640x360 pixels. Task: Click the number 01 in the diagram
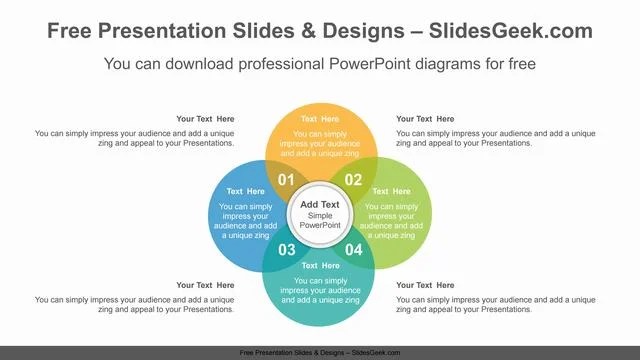286,181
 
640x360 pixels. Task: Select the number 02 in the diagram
353,181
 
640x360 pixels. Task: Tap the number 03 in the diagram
286,249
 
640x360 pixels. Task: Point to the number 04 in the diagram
354,249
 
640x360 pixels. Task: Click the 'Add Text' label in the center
320,204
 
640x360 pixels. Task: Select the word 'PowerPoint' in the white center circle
320,225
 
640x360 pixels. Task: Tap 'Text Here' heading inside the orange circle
320,119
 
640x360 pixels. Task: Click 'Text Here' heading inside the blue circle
247,192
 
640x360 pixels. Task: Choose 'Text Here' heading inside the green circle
393,192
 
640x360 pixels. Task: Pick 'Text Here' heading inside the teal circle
320,266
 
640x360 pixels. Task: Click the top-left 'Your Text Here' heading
205,119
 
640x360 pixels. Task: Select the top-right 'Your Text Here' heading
425,119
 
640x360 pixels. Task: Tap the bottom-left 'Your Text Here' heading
205,285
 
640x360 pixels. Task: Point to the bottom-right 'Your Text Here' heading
425,285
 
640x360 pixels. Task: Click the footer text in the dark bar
320,353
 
